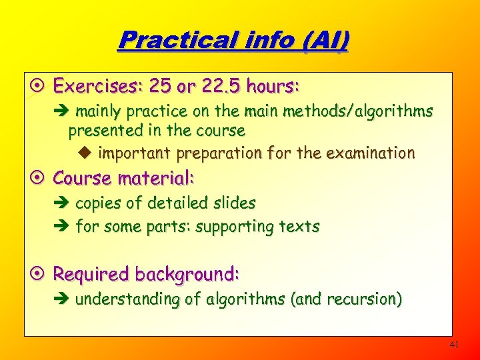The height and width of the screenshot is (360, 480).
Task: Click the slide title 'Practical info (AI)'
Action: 233,41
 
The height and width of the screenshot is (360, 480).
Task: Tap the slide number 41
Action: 455,345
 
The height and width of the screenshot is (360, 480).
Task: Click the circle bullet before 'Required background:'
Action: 39,274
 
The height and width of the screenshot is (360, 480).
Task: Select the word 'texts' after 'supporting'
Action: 300,227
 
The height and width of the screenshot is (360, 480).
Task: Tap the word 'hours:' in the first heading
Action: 273,87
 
